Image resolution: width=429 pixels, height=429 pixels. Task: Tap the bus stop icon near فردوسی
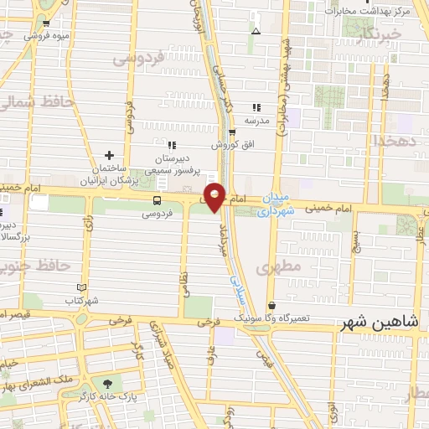click(x=157, y=200)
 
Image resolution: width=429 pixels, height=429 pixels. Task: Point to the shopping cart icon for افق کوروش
click(x=232, y=132)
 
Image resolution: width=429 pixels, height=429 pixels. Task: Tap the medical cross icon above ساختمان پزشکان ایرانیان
click(x=110, y=155)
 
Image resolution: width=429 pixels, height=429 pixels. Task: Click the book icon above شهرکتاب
click(x=81, y=287)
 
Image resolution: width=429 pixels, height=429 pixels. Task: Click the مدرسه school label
click(x=256, y=121)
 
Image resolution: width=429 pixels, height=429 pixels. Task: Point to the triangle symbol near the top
click(x=256, y=31)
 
